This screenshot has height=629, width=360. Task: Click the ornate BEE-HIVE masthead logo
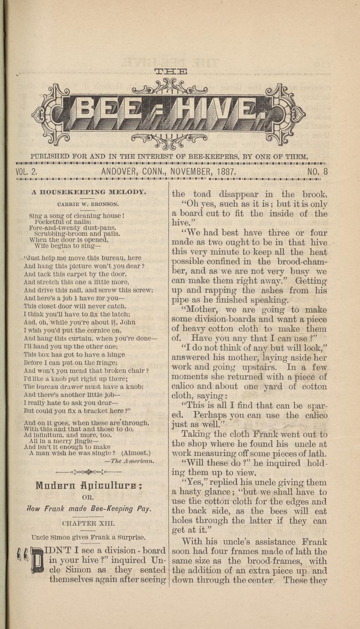169,113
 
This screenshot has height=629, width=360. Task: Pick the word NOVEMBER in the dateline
190,172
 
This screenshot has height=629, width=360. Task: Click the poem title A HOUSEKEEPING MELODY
89,192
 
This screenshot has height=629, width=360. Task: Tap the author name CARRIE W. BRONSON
88,204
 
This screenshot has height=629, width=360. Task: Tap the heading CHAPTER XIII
88,524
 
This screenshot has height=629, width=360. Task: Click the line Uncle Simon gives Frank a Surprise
88,537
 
